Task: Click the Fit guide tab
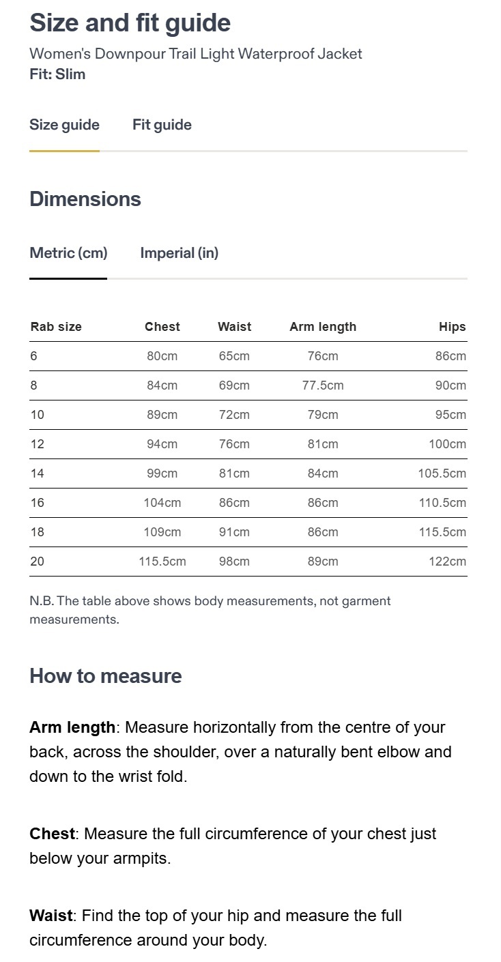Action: (x=162, y=125)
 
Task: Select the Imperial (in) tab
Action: (x=179, y=253)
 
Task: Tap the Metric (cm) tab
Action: (x=68, y=253)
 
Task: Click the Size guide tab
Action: (x=64, y=125)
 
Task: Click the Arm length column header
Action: (x=323, y=327)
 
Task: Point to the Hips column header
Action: (x=452, y=327)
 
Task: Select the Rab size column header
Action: (x=56, y=327)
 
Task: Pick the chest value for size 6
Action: (x=162, y=356)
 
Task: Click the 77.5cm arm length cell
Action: (x=323, y=385)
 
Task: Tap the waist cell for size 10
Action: (x=234, y=415)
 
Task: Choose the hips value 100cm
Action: (x=447, y=444)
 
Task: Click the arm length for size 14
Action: (x=323, y=473)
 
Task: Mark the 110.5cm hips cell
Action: (x=442, y=503)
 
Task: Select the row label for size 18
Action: (x=38, y=532)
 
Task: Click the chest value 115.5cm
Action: (x=162, y=562)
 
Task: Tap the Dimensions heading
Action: (x=85, y=199)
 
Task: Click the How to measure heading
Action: (x=106, y=676)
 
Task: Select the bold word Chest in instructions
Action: (x=52, y=834)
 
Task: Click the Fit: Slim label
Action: (x=57, y=74)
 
